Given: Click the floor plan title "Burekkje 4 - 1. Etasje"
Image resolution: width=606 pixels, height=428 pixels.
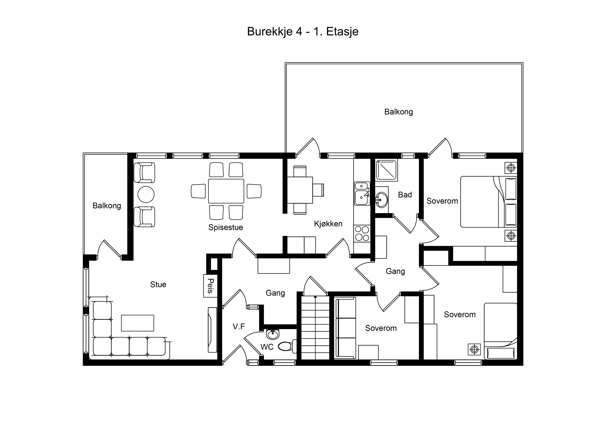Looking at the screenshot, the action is point(303,32).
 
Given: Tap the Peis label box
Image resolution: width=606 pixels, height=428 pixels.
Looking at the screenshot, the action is point(210,286).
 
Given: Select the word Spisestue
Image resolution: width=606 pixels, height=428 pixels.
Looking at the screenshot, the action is point(226,227).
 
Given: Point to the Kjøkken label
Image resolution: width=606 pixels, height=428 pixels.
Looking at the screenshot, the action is point(328,224).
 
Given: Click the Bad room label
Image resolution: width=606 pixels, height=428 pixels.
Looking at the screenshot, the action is point(405,195).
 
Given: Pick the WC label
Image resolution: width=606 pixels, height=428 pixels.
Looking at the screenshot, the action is point(267,347).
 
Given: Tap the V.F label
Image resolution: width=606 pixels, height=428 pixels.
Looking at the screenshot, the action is point(239,327).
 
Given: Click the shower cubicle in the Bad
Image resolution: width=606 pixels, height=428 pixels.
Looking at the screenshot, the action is point(387,170).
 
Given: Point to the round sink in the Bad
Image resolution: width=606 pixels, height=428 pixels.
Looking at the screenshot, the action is point(381,200).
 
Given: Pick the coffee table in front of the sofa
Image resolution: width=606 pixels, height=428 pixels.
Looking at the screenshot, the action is point(138,323).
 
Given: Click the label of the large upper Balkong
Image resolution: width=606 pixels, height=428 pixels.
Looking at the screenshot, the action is point(399,112).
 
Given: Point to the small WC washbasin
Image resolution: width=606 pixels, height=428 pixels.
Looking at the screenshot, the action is point(273,335).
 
